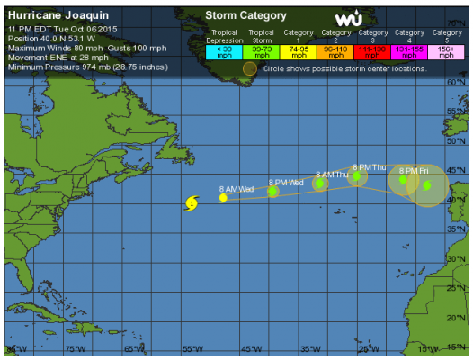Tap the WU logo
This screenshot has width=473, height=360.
click(x=348, y=18)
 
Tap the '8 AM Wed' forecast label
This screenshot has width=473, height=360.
click(x=236, y=189)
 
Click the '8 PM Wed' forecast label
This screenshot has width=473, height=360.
click(x=284, y=183)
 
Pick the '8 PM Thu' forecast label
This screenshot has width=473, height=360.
click(x=370, y=166)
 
